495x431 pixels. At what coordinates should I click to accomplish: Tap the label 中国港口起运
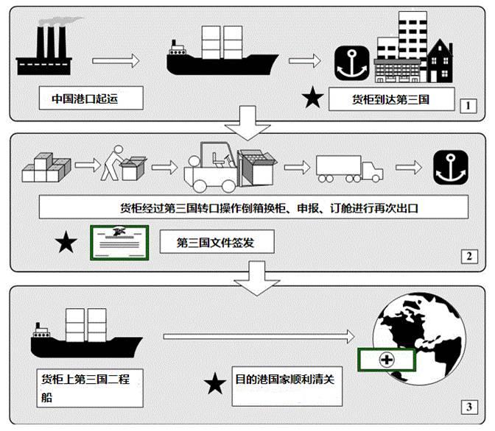coord(85,99)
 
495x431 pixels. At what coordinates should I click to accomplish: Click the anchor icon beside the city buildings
coord(351,63)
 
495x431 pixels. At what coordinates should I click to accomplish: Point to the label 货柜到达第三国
coord(391,99)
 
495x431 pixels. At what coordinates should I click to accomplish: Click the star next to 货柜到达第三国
coord(312,97)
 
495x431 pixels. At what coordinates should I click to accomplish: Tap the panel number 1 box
coord(468,106)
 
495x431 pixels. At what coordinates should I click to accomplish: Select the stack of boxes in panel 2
coord(46,168)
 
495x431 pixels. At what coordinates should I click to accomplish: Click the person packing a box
coord(123,163)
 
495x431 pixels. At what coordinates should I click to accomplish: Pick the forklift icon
coord(230,167)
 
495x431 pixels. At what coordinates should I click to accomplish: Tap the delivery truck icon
coord(349,168)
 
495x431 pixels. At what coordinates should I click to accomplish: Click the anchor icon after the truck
coord(451,168)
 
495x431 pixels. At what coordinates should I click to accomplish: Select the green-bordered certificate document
coord(119,243)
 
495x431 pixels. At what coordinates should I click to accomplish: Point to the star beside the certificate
coord(66,242)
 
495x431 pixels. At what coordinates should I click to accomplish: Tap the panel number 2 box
coord(469,257)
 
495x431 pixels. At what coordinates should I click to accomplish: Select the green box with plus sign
coord(387,360)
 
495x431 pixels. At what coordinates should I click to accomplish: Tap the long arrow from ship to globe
coord(259,337)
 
